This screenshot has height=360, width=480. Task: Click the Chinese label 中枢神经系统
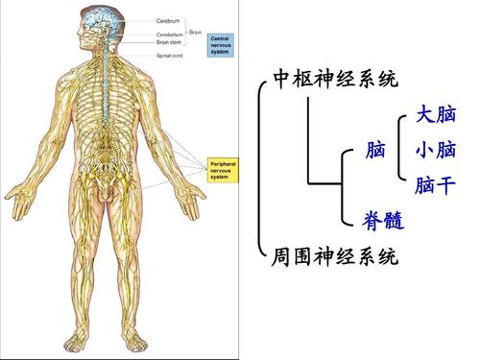(336, 79)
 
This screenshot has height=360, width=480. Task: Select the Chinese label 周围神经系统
(336, 257)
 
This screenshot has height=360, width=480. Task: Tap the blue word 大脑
(435, 115)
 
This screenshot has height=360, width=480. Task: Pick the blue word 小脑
(435, 151)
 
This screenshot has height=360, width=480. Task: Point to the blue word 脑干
(435, 185)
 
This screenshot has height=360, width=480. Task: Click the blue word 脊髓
(382, 223)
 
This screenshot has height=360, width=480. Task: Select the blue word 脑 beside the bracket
(376, 151)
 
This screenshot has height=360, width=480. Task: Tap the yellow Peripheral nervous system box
(227, 171)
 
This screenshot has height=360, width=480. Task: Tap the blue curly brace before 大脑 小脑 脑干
(401, 151)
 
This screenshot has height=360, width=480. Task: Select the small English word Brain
(195, 33)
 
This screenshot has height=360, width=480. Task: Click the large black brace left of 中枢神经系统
(261, 168)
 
